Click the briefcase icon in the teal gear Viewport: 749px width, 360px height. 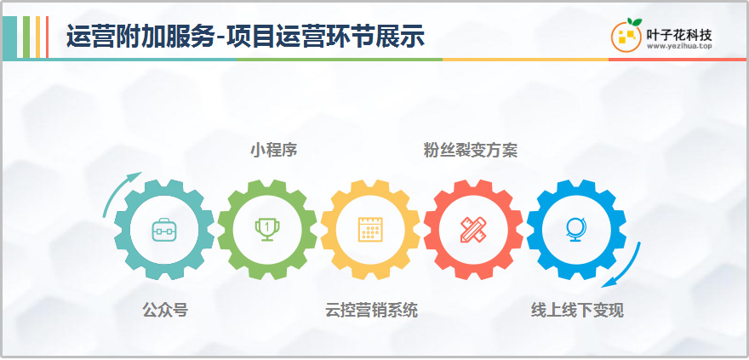tap(163, 230)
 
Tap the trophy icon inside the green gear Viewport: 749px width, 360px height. tap(267, 230)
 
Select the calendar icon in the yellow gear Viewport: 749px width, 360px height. tap(370, 230)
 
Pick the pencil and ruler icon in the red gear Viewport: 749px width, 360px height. tap(473, 230)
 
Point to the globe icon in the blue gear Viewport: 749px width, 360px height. tap(576, 230)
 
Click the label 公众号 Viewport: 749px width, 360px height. tap(165, 311)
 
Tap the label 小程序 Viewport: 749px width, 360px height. tap(274, 150)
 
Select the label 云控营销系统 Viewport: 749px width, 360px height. tap(371, 311)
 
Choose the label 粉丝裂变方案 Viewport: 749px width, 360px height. tap(471, 150)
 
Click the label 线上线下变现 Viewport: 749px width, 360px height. tap(578, 311)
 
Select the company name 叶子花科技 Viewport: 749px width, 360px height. tap(679, 34)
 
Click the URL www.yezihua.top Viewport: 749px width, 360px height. tap(679, 46)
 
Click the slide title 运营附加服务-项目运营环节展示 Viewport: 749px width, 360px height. tap(245, 37)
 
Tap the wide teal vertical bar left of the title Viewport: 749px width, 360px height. tap(9, 37)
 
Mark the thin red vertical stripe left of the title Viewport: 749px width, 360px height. tap(48, 37)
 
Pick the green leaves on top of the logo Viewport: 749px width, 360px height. tap(634, 22)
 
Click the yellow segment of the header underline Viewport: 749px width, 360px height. tap(525, 60)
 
